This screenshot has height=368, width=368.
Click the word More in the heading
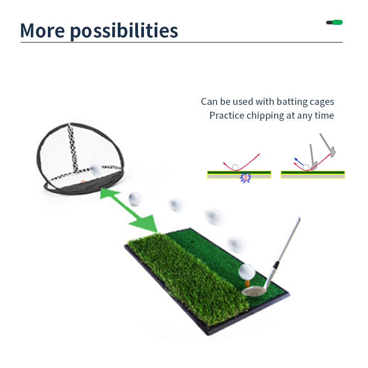pos(42,30)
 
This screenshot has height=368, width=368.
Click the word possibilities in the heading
pos(124,31)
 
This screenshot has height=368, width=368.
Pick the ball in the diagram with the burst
pos(236,167)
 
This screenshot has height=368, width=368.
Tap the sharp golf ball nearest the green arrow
pos(135,199)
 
